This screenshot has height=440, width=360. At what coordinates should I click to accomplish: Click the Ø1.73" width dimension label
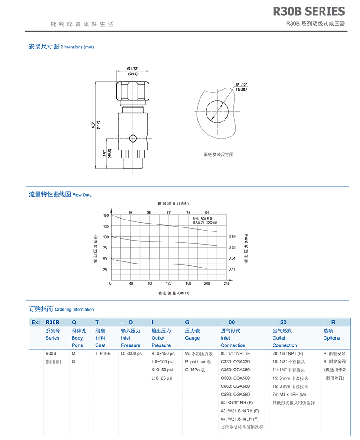133,68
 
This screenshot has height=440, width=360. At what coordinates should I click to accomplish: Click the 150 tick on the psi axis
105,215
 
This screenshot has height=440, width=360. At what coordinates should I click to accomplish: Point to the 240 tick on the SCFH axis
227,284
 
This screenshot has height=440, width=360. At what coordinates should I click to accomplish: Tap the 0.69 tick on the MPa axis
232,237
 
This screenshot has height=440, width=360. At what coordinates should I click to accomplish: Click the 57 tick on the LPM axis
169,212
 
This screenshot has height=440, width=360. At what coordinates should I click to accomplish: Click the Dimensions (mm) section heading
61,47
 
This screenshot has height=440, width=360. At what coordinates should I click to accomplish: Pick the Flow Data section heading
60,194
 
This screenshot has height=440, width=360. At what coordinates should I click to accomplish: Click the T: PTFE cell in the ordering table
103,353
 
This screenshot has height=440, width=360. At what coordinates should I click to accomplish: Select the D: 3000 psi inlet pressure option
132,353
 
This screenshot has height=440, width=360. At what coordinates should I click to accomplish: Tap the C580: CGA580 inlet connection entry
235,378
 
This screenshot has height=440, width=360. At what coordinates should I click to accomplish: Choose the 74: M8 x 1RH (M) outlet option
289,394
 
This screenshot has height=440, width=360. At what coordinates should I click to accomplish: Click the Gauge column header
193,338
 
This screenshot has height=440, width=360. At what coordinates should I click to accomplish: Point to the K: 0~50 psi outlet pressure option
162,370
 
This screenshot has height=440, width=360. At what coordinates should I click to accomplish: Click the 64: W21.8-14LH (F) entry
240,419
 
